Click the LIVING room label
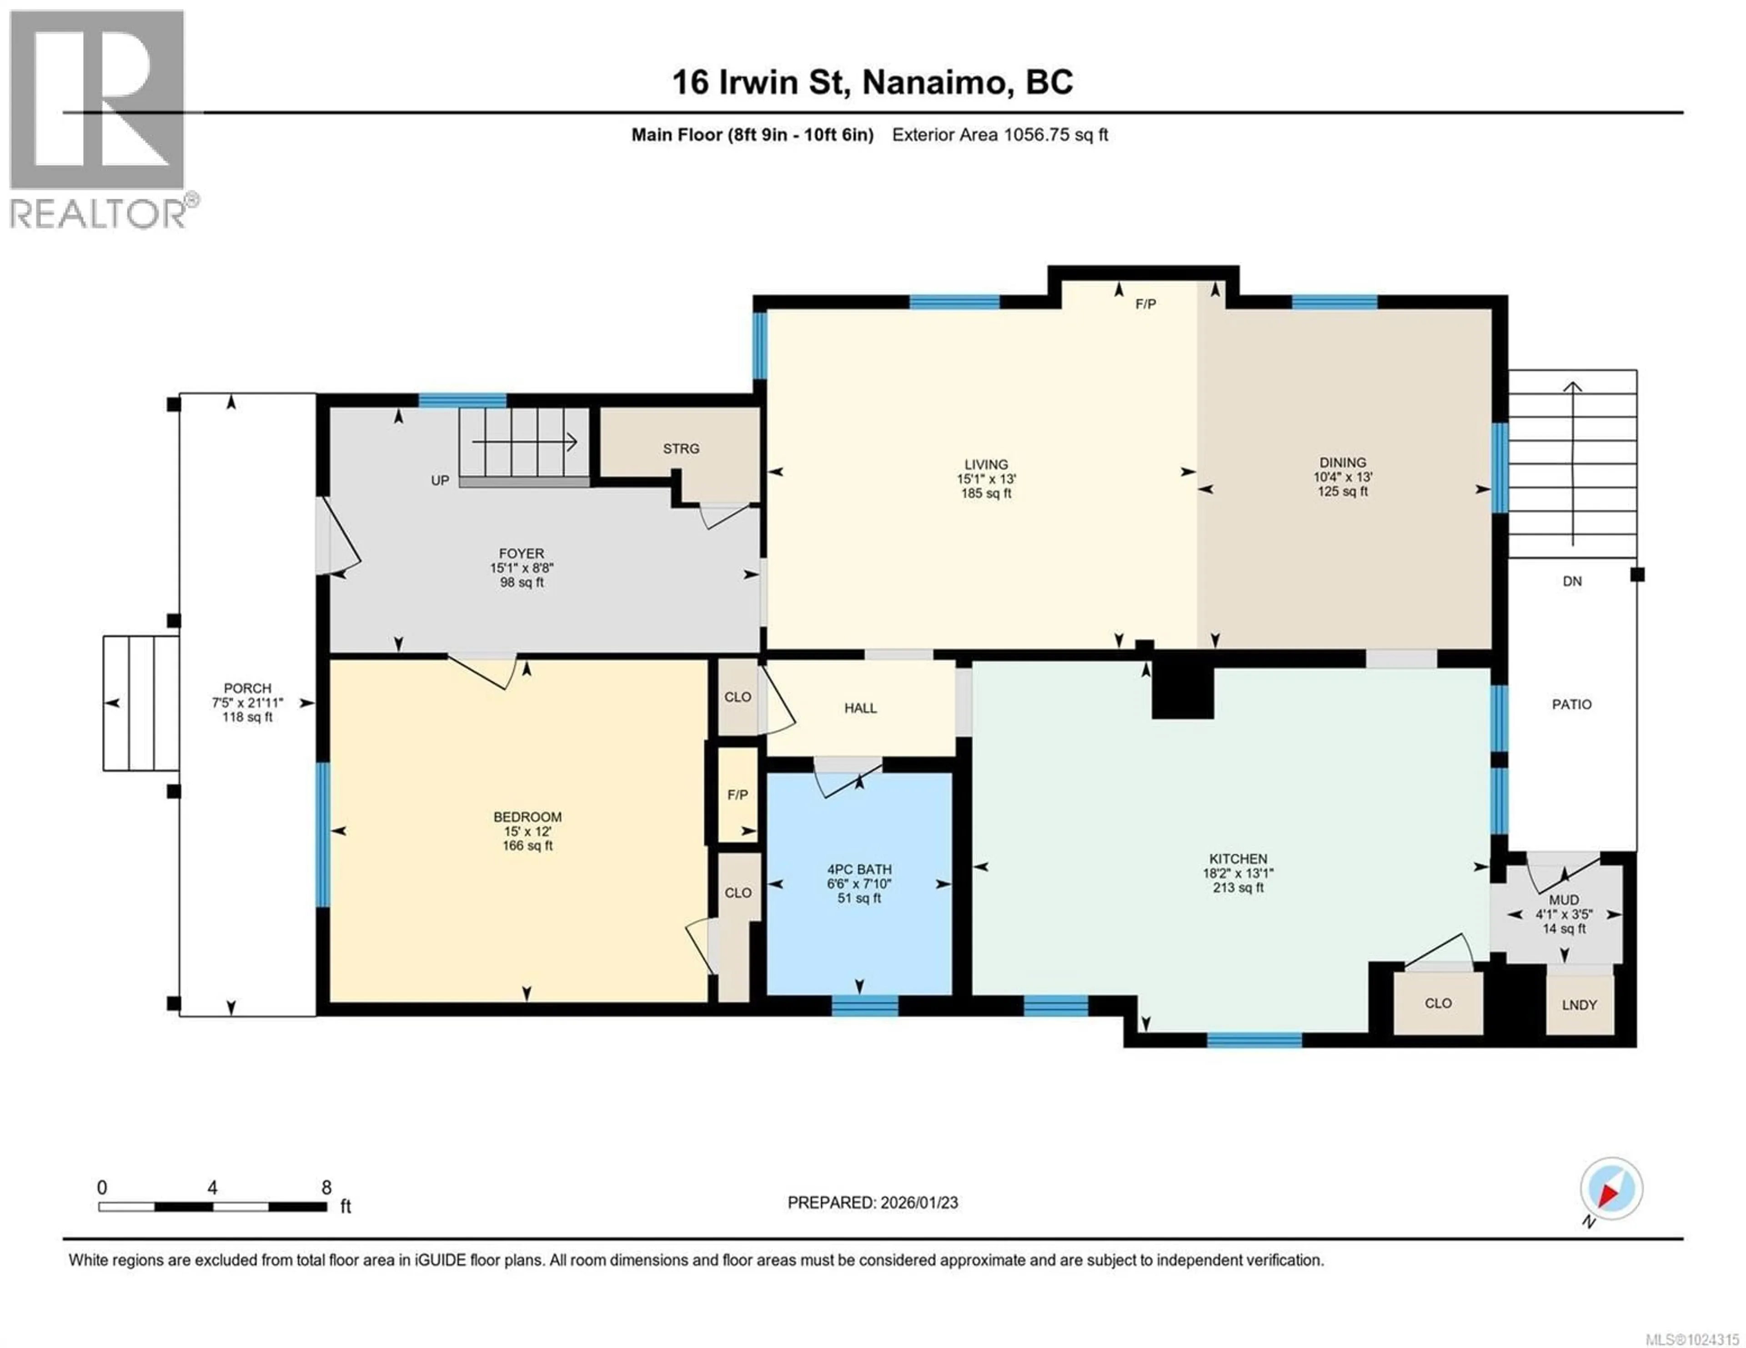tap(986, 464)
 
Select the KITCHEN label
tap(1238, 859)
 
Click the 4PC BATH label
tap(859, 870)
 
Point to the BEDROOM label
tap(527, 816)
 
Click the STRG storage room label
tap(681, 449)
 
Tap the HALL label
tap(860, 708)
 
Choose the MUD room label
tap(1564, 900)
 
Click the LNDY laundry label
tap(1579, 1005)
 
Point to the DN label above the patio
tap(1572, 582)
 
